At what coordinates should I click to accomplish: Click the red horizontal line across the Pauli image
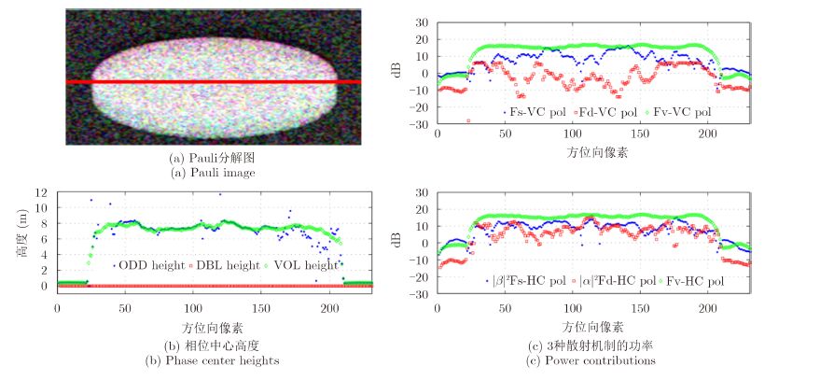tap(213, 82)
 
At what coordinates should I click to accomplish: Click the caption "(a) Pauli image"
tap(213, 173)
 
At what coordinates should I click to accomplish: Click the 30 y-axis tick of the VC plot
tap(421, 22)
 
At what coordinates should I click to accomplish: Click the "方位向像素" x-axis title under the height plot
tap(212, 328)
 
